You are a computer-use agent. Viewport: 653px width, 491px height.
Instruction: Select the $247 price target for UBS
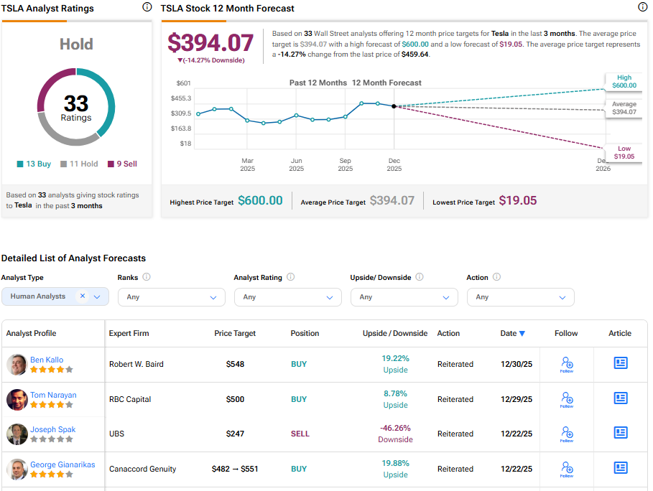[x=235, y=434]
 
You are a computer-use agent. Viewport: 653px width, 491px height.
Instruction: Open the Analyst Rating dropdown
[x=288, y=296]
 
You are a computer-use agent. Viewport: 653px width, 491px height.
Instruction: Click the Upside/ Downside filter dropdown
[x=404, y=296]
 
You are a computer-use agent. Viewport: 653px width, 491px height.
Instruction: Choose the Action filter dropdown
[x=521, y=296]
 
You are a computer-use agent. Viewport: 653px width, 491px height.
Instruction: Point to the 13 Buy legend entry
[x=34, y=164]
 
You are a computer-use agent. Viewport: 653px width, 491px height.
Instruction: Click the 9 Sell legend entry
[x=122, y=164]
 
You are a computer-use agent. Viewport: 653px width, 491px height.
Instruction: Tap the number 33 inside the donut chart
[x=76, y=103]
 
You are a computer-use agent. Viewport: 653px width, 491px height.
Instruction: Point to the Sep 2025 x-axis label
[x=346, y=164]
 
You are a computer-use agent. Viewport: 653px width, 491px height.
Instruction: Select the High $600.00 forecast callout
[x=624, y=81]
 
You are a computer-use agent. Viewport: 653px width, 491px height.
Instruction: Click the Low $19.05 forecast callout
[x=624, y=152]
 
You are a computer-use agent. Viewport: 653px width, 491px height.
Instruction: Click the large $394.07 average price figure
[x=210, y=42]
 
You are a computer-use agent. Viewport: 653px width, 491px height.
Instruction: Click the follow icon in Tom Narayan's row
[x=567, y=399]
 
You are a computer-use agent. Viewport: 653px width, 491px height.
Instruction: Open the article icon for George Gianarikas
[x=621, y=468]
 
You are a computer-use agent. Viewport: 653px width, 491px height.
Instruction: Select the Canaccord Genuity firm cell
[x=142, y=469]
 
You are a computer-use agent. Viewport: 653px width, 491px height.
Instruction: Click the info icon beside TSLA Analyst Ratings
[x=147, y=7]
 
